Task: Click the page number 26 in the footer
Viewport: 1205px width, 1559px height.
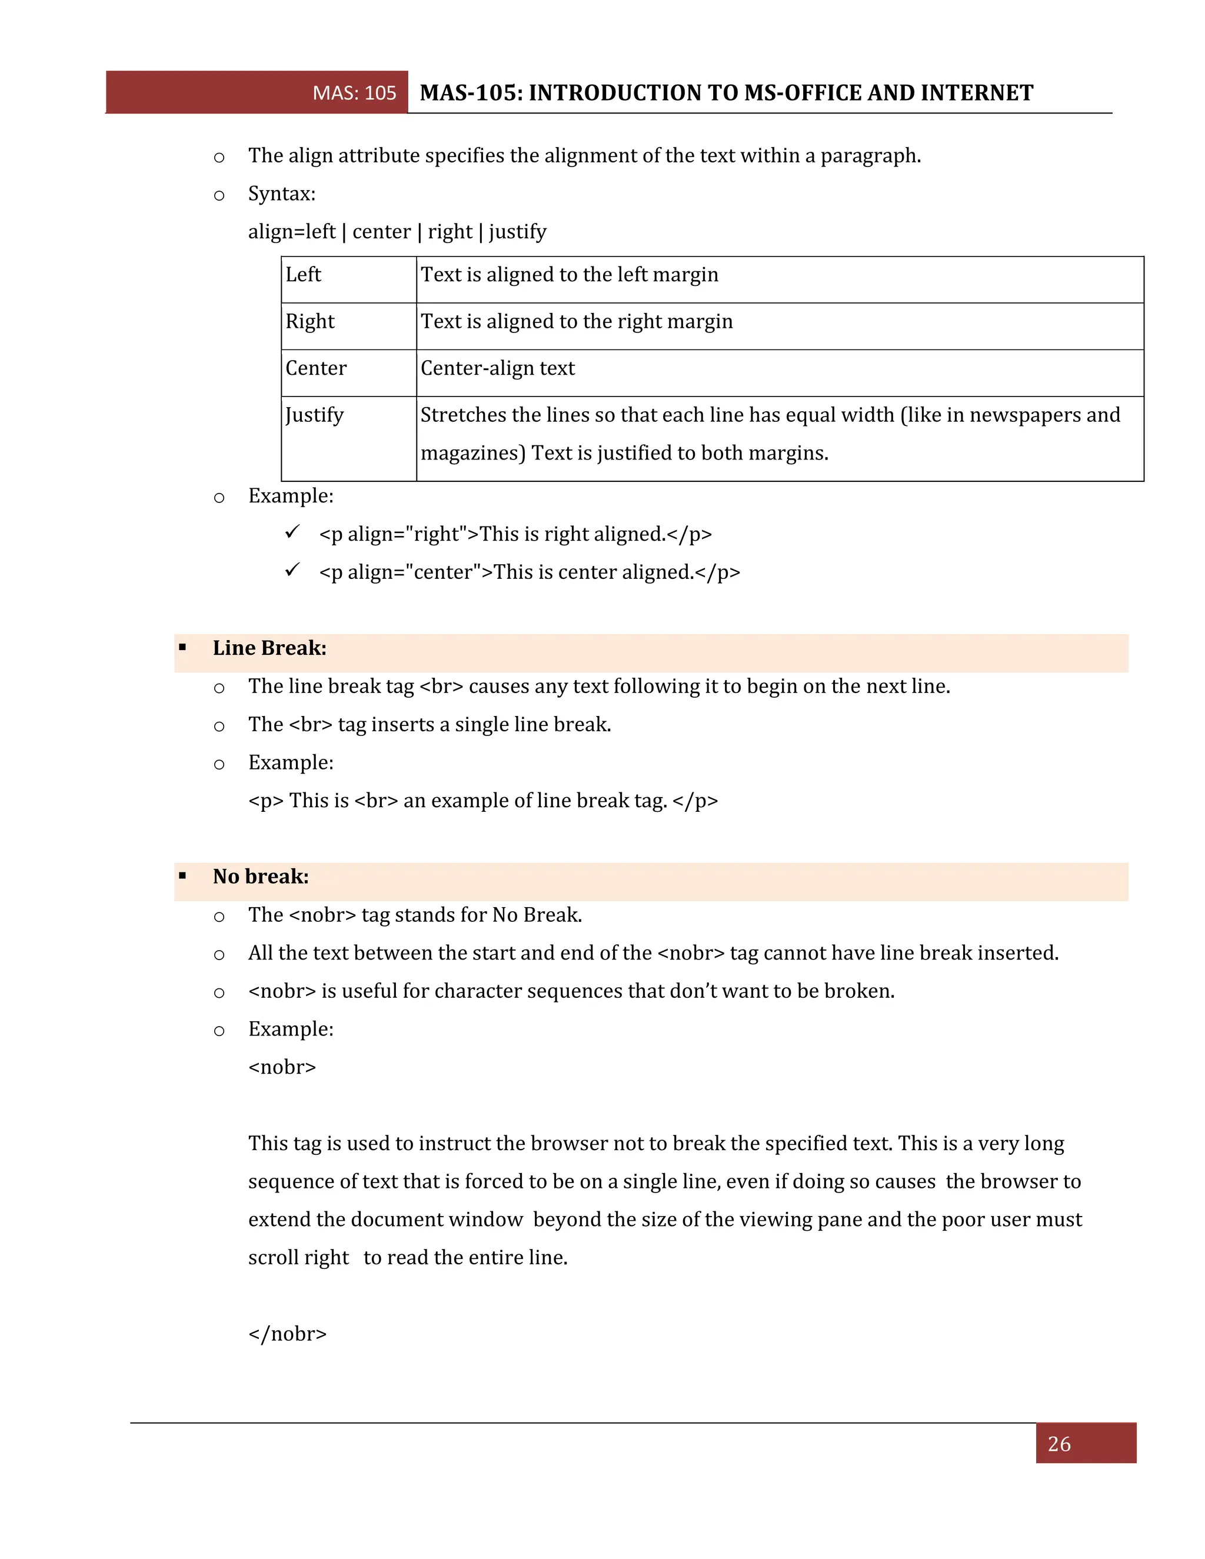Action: (x=1058, y=1444)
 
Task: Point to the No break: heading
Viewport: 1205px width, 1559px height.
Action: (x=261, y=877)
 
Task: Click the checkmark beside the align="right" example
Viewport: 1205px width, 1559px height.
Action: (x=292, y=532)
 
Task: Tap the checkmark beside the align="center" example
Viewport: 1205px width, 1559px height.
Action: (x=292, y=569)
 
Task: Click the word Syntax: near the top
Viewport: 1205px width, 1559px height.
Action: (x=281, y=194)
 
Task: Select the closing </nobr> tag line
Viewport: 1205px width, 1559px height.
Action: (x=287, y=1334)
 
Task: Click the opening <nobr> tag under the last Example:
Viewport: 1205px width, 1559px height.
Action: (x=282, y=1067)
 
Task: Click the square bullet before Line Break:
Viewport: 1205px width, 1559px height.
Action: (x=183, y=648)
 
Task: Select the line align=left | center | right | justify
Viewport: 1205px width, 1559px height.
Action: (x=397, y=232)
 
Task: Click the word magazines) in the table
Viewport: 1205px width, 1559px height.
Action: (x=472, y=453)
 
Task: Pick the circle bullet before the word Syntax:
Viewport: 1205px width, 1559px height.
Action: (x=219, y=195)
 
